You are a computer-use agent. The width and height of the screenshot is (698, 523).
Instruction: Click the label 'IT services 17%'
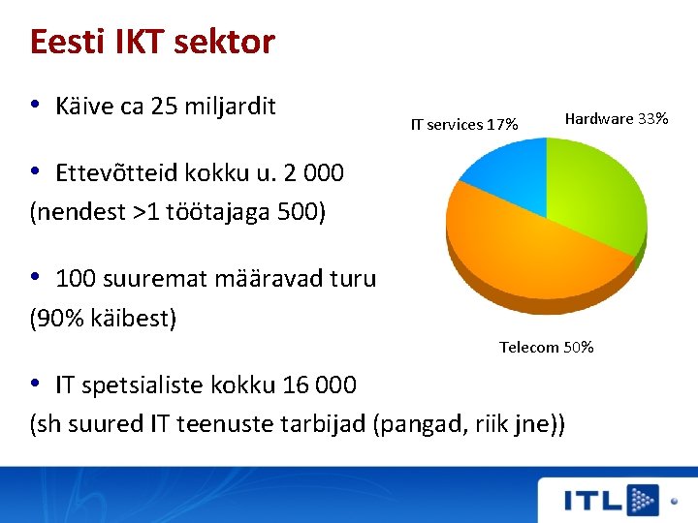tap(464, 124)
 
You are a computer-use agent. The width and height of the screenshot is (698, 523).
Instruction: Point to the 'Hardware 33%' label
tap(616, 118)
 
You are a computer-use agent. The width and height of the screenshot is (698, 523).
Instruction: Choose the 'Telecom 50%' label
tap(546, 347)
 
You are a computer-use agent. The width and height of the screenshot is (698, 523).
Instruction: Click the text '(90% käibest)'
tap(104, 317)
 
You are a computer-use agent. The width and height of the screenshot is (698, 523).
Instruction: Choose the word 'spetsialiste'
tap(150, 385)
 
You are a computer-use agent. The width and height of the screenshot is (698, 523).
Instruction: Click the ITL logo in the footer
tap(611, 500)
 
